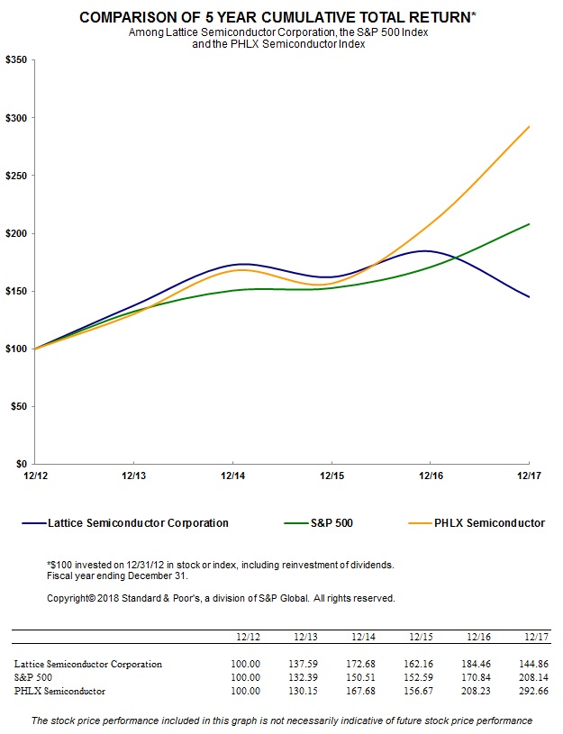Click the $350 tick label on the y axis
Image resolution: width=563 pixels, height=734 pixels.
tap(17, 59)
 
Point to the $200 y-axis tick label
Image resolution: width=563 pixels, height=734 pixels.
tap(17, 233)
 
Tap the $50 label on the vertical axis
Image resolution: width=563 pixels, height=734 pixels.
tap(19, 406)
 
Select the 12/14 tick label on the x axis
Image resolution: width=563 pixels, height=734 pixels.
tap(232, 475)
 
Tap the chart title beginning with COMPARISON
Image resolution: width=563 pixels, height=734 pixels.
tap(279, 17)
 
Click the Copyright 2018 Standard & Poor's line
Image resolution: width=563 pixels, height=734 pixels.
tap(220, 597)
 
